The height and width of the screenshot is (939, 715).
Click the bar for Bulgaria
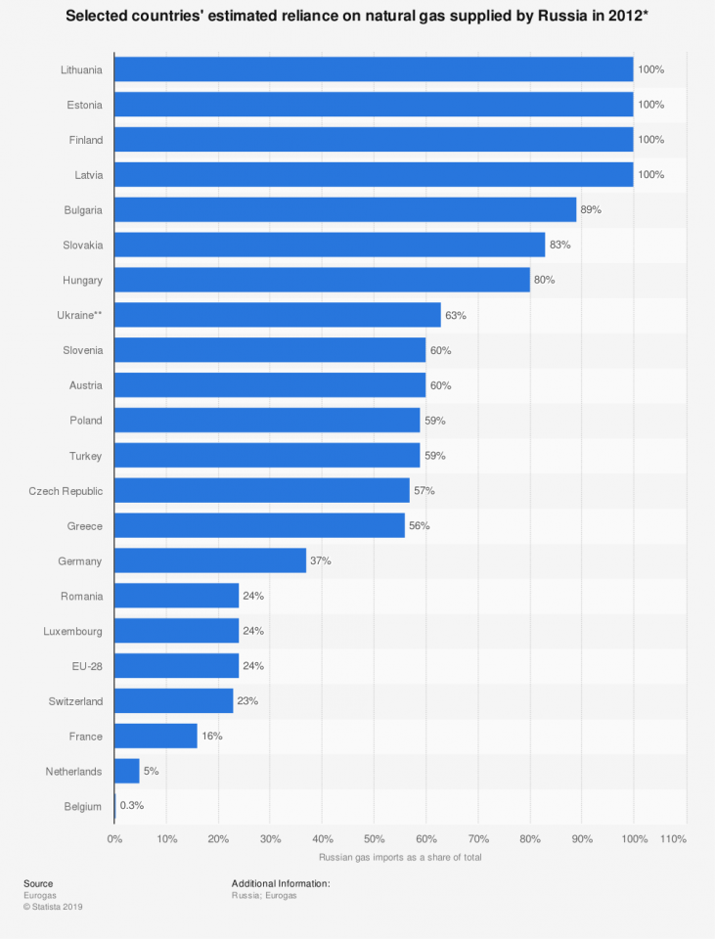coord(345,210)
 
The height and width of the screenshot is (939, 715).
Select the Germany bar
coord(210,560)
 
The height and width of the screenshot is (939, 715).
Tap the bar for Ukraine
coord(278,316)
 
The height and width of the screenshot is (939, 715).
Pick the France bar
coord(156,736)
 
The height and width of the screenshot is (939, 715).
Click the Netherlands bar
coord(127,771)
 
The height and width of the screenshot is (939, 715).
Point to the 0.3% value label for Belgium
coord(132,806)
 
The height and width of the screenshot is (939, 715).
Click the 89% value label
coord(592,210)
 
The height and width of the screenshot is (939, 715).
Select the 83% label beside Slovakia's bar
coord(560,246)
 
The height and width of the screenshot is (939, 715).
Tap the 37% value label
coord(322,560)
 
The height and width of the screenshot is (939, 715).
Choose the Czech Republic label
coord(66,490)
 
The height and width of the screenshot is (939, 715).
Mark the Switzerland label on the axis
coord(75,701)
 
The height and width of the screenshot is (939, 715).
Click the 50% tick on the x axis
coord(374,839)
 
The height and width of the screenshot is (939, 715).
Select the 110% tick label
coord(674,839)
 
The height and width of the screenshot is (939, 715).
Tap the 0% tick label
coord(114,839)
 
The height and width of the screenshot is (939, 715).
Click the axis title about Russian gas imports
coord(400,858)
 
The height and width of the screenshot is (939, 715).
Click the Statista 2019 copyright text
coord(53,907)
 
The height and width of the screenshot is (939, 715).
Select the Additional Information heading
coord(281,883)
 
